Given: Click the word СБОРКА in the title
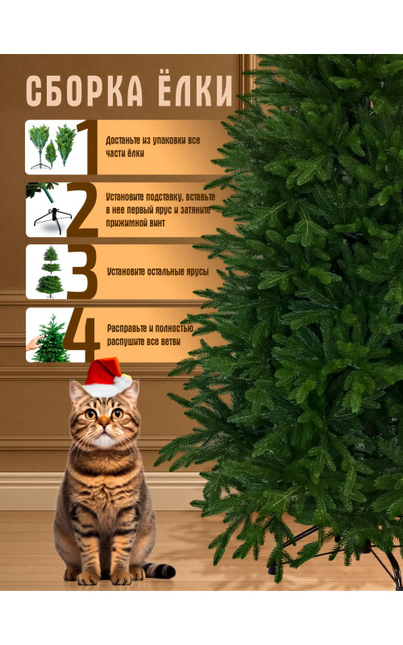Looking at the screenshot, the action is (x=85, y=91).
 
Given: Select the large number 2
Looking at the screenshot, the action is (x=83, y=210).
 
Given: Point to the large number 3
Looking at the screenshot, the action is (x=83, y=272).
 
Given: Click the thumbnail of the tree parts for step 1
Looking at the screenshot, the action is (x=52, y=147).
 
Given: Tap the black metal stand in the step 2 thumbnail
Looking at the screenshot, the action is (x=52, y=220).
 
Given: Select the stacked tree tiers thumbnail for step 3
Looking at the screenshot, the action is (x=49, y=272).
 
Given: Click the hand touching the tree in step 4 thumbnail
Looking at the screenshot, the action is (x=34, y=342).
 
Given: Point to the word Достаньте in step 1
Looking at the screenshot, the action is (x=123, y=140).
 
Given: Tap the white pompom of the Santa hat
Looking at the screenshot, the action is (x=123, y=382).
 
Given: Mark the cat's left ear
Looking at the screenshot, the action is (x=76, y=391).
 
